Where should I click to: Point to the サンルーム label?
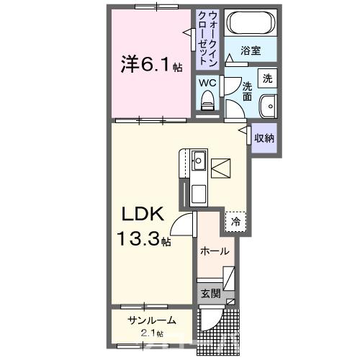[x=148, y=320]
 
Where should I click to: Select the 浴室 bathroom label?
[x=251, y=51]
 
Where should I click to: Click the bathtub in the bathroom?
[x=250, y=24]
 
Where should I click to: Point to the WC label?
[x=207, y=83]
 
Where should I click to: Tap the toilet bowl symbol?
[x=209, y=103]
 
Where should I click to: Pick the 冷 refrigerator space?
[x=235, y=222]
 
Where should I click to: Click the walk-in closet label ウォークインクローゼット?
[x=207, y=37]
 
